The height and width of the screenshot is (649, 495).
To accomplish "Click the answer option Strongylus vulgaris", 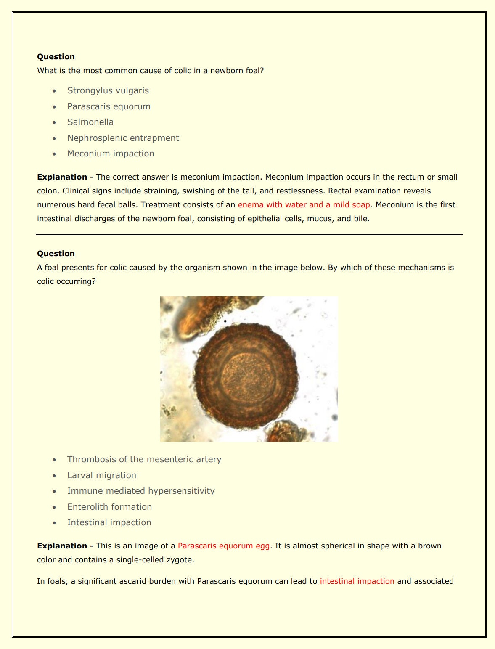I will [x=108, y=90].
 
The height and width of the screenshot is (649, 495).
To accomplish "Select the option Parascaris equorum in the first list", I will [x=109, y=106].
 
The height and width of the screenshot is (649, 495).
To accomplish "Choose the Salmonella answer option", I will [x=90, y=122].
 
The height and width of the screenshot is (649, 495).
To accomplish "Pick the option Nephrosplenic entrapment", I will [x=123, y=138].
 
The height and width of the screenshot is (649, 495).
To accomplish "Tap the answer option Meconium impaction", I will [x=111, y=154].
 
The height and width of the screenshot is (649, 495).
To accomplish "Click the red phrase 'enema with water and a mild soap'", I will [x=304, y=205].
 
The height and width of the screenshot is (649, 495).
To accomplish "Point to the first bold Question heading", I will [x=56, y=57].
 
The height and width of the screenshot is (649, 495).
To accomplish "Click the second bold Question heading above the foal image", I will [x=56, y=254].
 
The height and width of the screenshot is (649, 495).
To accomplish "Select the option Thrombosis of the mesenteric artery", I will [x=144, y=459].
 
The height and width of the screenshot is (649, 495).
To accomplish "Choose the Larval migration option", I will [x=101, y=475].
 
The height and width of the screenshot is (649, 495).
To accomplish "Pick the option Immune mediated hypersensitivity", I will [x=141, y=491].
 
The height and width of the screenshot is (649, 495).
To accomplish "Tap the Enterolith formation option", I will [x=109, y=507].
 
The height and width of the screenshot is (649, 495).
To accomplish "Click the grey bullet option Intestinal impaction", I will [x=109, y=522].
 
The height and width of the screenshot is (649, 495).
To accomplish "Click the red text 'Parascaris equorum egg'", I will [x=223, y=546].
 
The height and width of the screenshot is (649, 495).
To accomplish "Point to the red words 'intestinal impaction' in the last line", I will [x=357, y=581].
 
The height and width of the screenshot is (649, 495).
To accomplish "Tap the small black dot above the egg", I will [x=225, y=321].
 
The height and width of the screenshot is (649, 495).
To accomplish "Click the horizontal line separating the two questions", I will [x=249, y=235].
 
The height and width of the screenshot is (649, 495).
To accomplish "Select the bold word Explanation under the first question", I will [x=62, y=177].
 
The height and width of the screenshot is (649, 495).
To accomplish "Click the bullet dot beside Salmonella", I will [x=54, y=122].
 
